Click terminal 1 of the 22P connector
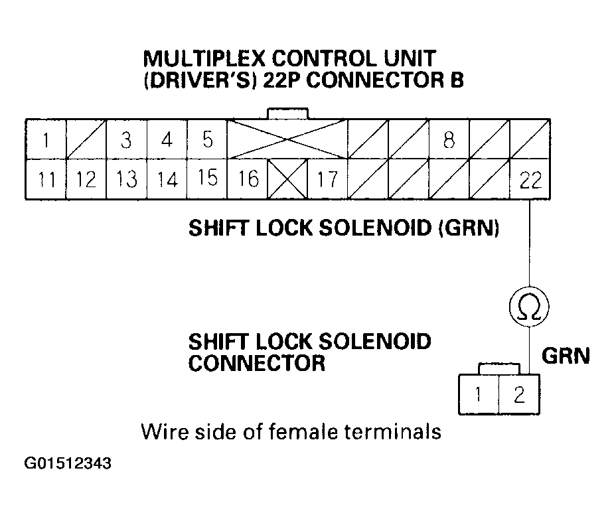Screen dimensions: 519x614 click(x=45, y=140)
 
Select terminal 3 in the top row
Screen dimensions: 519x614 click(x=126, y=140)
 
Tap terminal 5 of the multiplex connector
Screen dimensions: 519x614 click(x=207, y=140)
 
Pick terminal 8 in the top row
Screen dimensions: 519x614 click(x=449, y=140)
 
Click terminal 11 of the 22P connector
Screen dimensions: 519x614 click(x=45, y=179)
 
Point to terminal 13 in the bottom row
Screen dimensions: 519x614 click(x=126, y=179)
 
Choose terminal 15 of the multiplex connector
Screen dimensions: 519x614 click(x=207, y=179)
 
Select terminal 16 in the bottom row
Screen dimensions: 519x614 click(x=247, y=179)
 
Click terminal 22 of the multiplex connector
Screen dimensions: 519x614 click(x=529, y=179)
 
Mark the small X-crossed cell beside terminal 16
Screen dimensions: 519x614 click(x=287, y=179)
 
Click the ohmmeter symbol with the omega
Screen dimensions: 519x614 click(x=529, y=307)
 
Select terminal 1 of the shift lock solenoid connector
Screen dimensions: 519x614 click(x=478, y=396)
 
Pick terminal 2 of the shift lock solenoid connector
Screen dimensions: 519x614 click(x=519, y=396)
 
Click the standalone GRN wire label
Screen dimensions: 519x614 click(x=566, y=357)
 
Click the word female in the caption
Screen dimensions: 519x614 click(x=302, y=432)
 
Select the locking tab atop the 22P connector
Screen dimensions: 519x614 click(x=286, y=113)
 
